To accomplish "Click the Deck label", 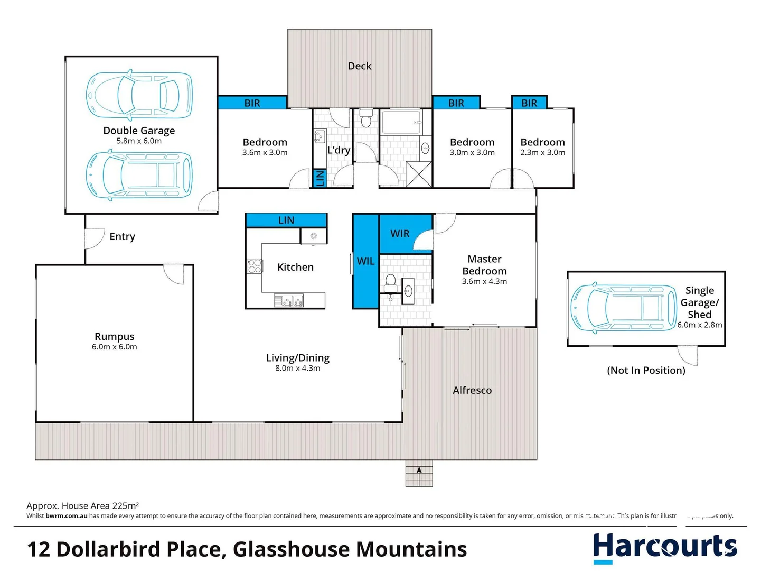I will [359, 66].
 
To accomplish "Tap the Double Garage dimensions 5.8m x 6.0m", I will [139, 141].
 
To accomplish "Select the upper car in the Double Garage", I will [139, 94].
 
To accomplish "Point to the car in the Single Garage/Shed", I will [624, 308].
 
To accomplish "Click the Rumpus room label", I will [114, 337].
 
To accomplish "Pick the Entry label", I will [122, 237].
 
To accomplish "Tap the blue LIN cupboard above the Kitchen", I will [286, 220].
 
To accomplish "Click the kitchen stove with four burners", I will [255, 266].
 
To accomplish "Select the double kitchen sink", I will [289, 301].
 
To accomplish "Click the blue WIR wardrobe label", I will [400, 234].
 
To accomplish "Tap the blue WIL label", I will [365, 261].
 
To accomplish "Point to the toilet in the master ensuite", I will [391, 283].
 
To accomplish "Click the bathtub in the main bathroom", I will [401, 122].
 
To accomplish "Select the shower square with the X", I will [419, 174].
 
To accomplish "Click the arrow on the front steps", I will [419, 469].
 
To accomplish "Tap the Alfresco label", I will [472, 390].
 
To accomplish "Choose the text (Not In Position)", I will [646, 371].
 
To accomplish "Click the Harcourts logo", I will [664, 547].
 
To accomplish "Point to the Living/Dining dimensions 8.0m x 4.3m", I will [297, 369].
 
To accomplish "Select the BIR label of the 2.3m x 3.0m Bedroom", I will [529, 103].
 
